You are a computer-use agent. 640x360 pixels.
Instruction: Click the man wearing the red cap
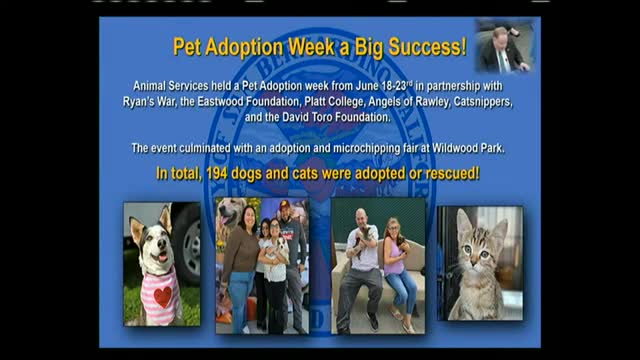291,240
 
